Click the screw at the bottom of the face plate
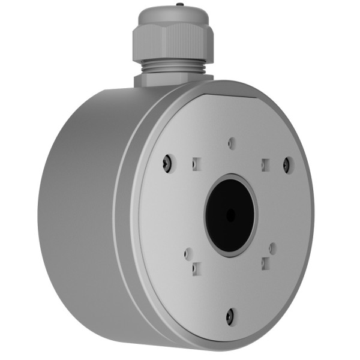pyautogui.click(x=230, y=314)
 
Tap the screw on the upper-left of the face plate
pyautogui.click(x=169, y=161)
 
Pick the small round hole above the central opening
pyautogui.click(x=232, y=143)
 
